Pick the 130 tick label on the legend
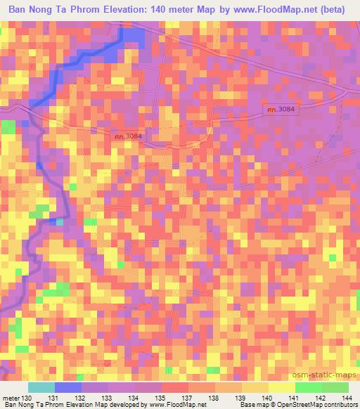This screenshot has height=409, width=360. pyautogui.click(x=27, y=398)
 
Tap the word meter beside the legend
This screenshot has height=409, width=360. pyautogui.click(x=11, y=398)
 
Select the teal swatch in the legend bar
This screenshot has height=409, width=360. pyautogui.click(x=41, y=387)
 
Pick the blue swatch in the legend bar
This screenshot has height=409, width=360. pyautogui.click(x=68, y=387)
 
